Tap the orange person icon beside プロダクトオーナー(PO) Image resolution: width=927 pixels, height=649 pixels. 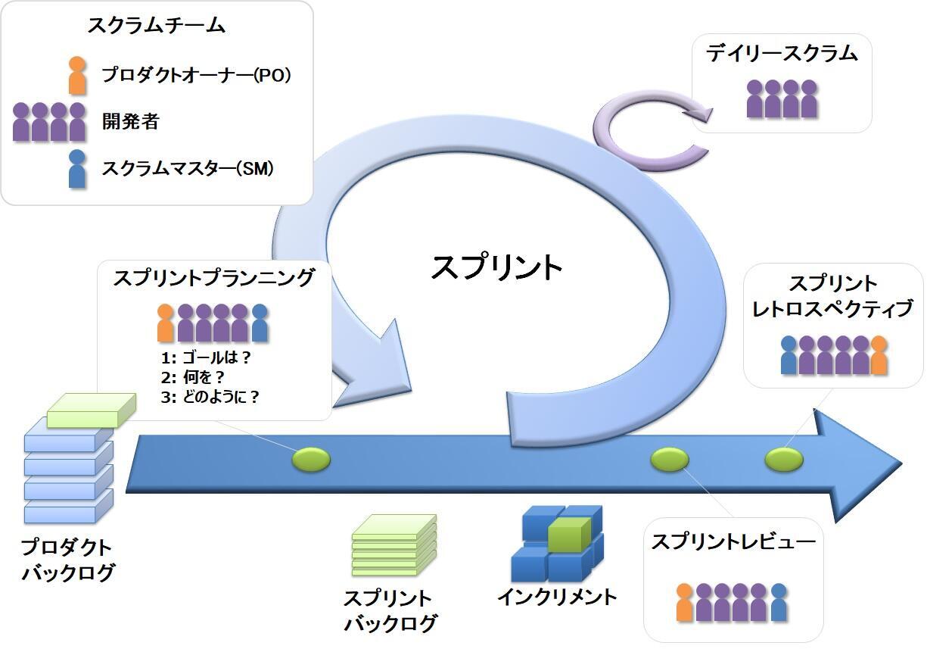click(77, 75)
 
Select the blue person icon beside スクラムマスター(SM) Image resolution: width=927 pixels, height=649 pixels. click(76, 168)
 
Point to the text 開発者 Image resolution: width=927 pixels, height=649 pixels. click(131, 121)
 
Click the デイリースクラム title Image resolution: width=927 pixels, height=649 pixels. click(782, 54)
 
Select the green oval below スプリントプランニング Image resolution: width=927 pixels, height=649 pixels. click(311, 459)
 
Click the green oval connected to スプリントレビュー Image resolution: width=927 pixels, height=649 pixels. click(670, 459)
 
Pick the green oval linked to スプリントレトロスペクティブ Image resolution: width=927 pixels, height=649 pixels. click(783, 459)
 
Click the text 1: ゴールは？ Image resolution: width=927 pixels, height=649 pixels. click(205, 357)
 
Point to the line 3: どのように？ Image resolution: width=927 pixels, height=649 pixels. click(210, 396)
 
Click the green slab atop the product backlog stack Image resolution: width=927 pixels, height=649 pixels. click(91, 409)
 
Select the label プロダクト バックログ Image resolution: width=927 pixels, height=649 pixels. click(68, 560)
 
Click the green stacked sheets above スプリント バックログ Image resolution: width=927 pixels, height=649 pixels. click(394, 544)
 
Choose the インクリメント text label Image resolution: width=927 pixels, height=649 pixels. click(557, 597)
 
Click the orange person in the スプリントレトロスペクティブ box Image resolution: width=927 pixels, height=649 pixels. click(878, 355)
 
